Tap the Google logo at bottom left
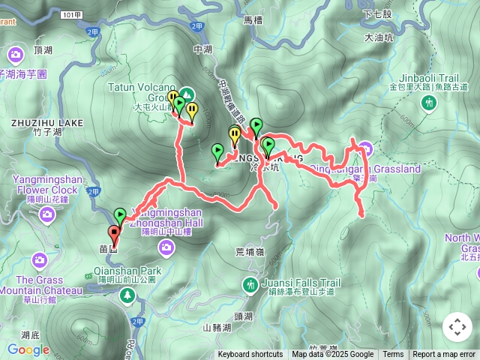pyautogui.click(x=28, y=349)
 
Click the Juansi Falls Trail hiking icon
pyautogui.click(x=249, y=284)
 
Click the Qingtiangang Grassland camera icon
pyautogui.click(x=364, y=147)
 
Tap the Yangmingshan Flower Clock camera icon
pyautogui.click(x=48, y=216)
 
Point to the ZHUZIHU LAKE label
pyautogui.click(x=37, y=122)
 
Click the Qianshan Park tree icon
pyautogui.click(x=127, y=296)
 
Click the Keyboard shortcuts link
pyautogui.click(x=250, y=355)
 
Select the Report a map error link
pyautogui.click(x=444, y=355)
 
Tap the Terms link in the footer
pyautogui.click(x=393, y=355)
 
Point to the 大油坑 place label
pyautogui.click(x=378, y=37)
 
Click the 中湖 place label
pyautogui.click(x=202, y=49)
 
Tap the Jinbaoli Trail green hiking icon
pyautogui.click(x=429, y=103)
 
